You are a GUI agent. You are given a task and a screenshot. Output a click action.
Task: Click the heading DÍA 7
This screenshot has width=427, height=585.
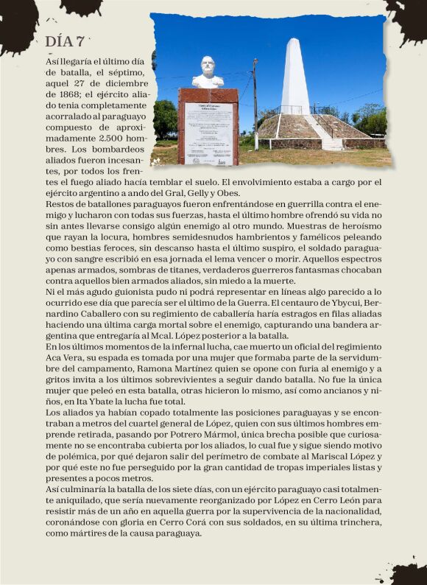tap(64, 41)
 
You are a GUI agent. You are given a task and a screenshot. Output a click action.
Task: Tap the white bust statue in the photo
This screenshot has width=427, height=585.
tap(207, 72)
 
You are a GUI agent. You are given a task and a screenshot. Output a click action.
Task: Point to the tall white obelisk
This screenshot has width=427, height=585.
tap(296, 77)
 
